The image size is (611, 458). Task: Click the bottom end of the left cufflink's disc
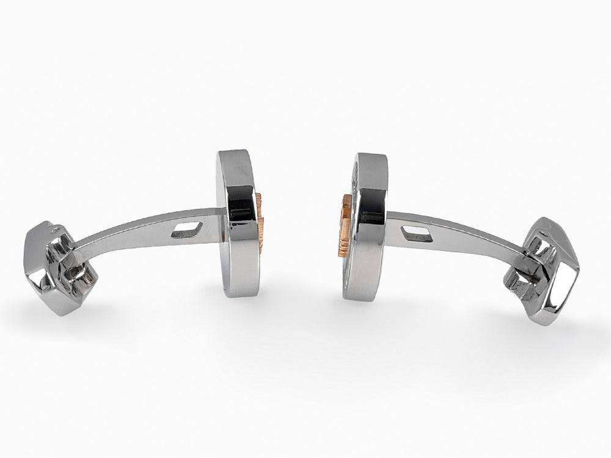coord(240,292)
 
